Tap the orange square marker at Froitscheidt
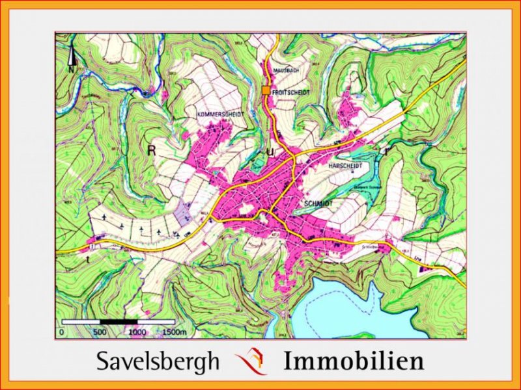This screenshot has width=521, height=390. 266,91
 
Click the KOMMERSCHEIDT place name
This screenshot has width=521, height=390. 220,114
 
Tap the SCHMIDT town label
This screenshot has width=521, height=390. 318,203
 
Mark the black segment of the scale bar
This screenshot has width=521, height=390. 119,322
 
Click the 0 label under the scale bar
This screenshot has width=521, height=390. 61,331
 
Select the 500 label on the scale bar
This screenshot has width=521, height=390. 100,331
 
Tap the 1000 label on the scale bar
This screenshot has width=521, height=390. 137,331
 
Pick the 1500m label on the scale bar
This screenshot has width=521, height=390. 175,331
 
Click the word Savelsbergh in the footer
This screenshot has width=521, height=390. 158,361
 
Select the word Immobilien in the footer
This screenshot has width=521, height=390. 354,361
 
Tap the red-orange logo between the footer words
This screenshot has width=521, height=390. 251,361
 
